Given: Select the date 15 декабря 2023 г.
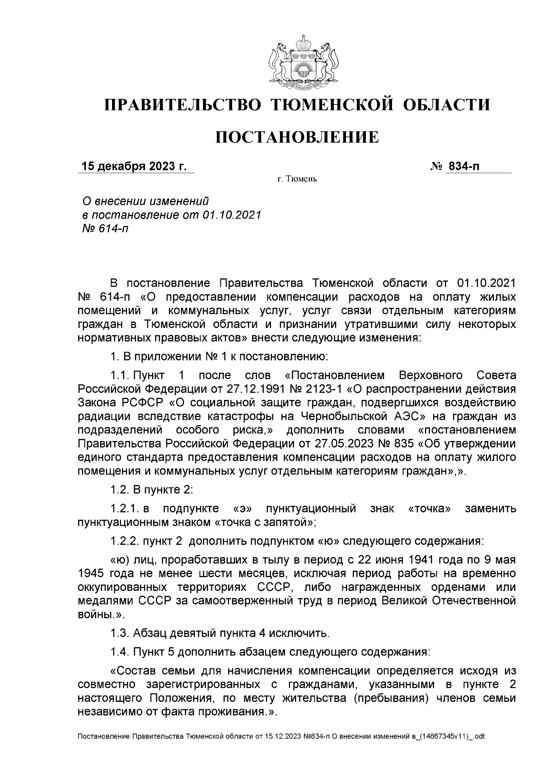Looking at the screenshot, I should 134,167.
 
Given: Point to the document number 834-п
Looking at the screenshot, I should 462,167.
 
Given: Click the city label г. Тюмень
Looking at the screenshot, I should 297,180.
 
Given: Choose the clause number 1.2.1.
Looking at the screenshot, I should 124,509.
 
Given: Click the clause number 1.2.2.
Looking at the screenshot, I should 125,541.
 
